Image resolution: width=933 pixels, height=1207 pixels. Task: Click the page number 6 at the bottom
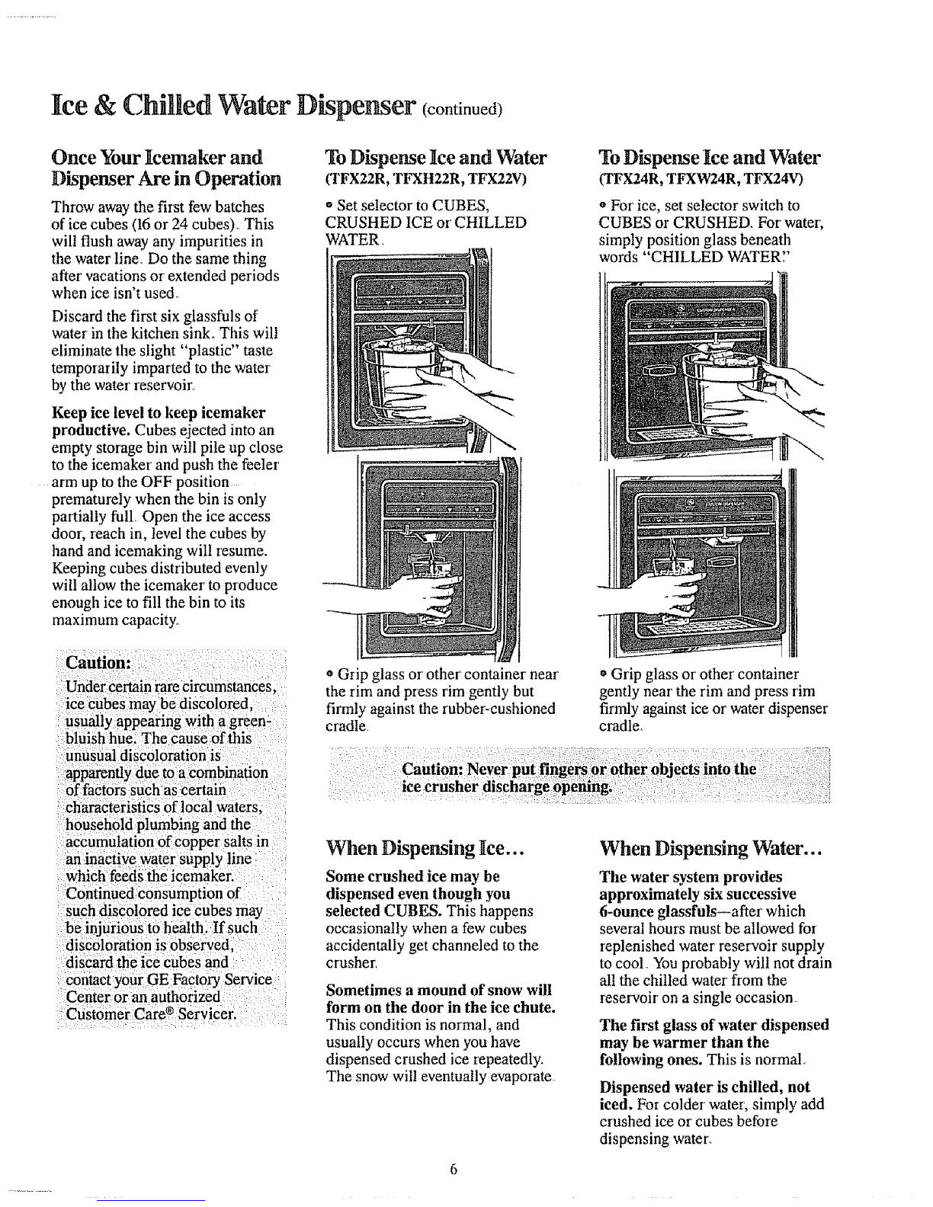(x=454, y=1169)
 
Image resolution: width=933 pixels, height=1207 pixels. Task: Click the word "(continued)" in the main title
(x=463, y=108)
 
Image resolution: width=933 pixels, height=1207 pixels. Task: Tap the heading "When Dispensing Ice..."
(x=425, y=848)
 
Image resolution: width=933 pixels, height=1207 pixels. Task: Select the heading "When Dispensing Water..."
(x=710, y=848)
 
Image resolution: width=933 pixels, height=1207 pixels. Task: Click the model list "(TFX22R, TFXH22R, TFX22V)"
(x=425, y=179)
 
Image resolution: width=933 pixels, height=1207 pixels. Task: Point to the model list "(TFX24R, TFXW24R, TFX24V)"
(x=701, y=179)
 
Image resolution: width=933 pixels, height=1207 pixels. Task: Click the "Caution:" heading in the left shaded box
(x=98, y=663)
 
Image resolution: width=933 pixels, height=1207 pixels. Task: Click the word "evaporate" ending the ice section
(x=522, y=1076)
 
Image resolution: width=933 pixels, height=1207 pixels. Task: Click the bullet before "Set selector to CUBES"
(x=329, y=206)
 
